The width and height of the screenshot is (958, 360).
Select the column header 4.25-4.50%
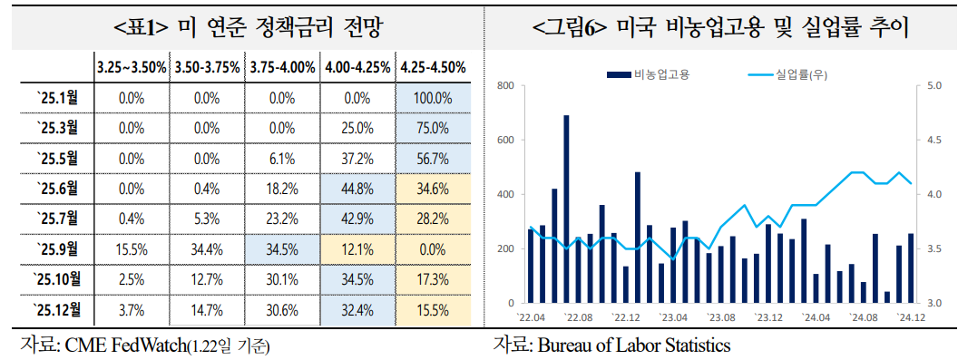point(434,67)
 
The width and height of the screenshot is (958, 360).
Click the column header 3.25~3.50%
point(132,67)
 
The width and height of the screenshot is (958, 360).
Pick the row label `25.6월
point(57,189)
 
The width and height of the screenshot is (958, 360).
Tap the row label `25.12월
point(57,310)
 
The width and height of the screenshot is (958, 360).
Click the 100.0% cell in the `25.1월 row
point(434,98)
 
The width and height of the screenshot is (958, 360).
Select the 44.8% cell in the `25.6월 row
point(358,189)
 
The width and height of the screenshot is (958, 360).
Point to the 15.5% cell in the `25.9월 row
point(132,249)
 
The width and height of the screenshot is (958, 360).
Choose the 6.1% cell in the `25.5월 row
point(282,159)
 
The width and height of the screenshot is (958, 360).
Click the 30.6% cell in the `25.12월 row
point(282,310)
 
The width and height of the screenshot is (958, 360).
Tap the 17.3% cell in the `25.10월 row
point(434,279)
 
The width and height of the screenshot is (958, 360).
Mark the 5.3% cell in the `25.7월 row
point(207,219)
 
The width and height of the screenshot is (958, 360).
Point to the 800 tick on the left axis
point(506,86)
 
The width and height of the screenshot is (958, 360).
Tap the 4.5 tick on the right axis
point(934,141)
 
